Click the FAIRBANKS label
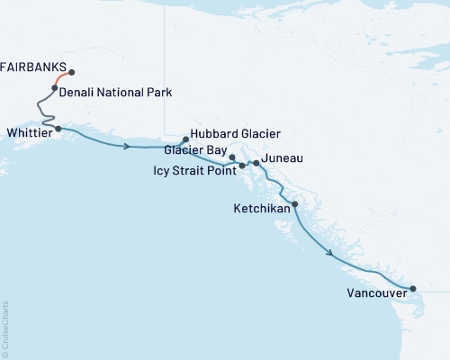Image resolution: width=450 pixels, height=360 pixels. [x=33, y=67]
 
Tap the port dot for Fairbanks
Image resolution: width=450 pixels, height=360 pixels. [x=72, y=73]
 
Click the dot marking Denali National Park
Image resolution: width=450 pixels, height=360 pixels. [x=55, y=88]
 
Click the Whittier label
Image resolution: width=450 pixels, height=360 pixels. [x=27, y=130]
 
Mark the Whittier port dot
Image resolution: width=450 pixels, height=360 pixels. [x=58, y=129]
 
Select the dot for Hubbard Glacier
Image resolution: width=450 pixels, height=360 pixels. [x=185, y=139]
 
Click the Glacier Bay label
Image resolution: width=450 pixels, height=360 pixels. [x=195, y=149]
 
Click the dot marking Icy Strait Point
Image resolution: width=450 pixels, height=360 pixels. [x=242, y=166]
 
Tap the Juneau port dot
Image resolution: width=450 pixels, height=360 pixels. [x=256, y=163]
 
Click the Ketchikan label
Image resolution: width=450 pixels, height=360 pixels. [x=261, y=208]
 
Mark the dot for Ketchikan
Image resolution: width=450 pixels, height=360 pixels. [x=295, y=204]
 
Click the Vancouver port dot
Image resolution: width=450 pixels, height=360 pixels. [x=413, y=289]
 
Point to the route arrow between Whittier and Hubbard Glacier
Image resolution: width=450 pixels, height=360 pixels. [x=127, y=146]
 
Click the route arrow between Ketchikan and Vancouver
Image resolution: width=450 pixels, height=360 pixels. [x=331, y=253]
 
